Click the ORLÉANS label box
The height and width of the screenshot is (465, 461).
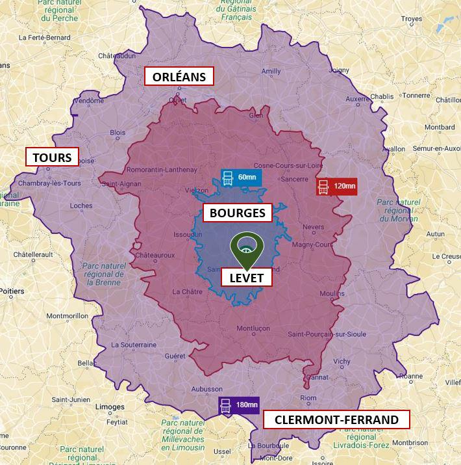pyautogui.click(x=179, y=77)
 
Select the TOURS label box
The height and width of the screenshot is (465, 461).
pyautogui.click(x=52, y=157)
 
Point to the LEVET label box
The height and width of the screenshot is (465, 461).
pyautogui.click(x=246, y=278)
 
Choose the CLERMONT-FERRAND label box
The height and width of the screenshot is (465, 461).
pyautogui.click(x=336, y=419)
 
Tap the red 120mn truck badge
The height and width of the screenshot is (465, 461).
pyautogui.click(x=336, y=187)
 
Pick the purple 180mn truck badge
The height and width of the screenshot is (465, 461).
pyautogui.click(x=238, y=405)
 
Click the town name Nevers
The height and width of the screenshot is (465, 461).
pyautogui.click(x=314, y=227)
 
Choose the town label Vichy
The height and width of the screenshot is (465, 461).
pyautogui.click(x=341, y=361)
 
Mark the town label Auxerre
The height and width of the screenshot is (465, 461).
pyautogui.click(x=357, y=100)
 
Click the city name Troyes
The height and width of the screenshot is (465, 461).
pyautogui.click(x=412, y=19)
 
